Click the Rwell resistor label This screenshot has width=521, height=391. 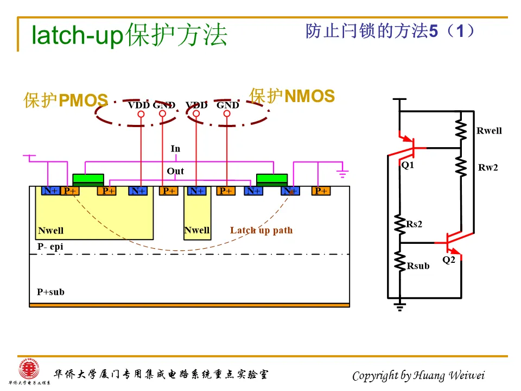pyautogui.click(x=489, y=131)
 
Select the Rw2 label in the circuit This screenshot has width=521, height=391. pyautogui.click(x=488, y=168)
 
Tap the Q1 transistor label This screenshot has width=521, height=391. pyautogui.click(x=408, y=165)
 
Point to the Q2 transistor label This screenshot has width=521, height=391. pyautogui.click(x=449, y=260)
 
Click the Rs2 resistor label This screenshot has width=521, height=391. pyautogui.click(x=415, y=224)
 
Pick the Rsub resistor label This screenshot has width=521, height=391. pyautogui.click(x=418, y=266)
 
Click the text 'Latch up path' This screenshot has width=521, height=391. pyautogui.click(x=261, y=230)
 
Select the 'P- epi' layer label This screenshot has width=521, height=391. pyautogui.click(x=50, y=247)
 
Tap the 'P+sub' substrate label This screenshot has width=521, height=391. pyautogui.click(x=50, y=292)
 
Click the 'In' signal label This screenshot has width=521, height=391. pyautogui.click(x=175, y=149)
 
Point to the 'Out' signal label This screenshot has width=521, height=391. pyautogui.click(x=175, y=172)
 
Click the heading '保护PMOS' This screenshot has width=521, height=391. pyautogui.click(x=66, y=100)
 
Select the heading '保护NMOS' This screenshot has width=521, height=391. pyautogui.click(x=292, y=96)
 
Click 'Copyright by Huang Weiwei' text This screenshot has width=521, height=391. pyautogui.click(x=418, y=376)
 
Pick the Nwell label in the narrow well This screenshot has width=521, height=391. pyautogui.click(x=196, y=230)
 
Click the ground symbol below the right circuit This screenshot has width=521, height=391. pyautogui.click(x=400, y=307)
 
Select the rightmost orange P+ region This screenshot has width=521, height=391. pyautogui.click(x=321, y=191)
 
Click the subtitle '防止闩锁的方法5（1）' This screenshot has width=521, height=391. pyautogui.click(x=390, y=31)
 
